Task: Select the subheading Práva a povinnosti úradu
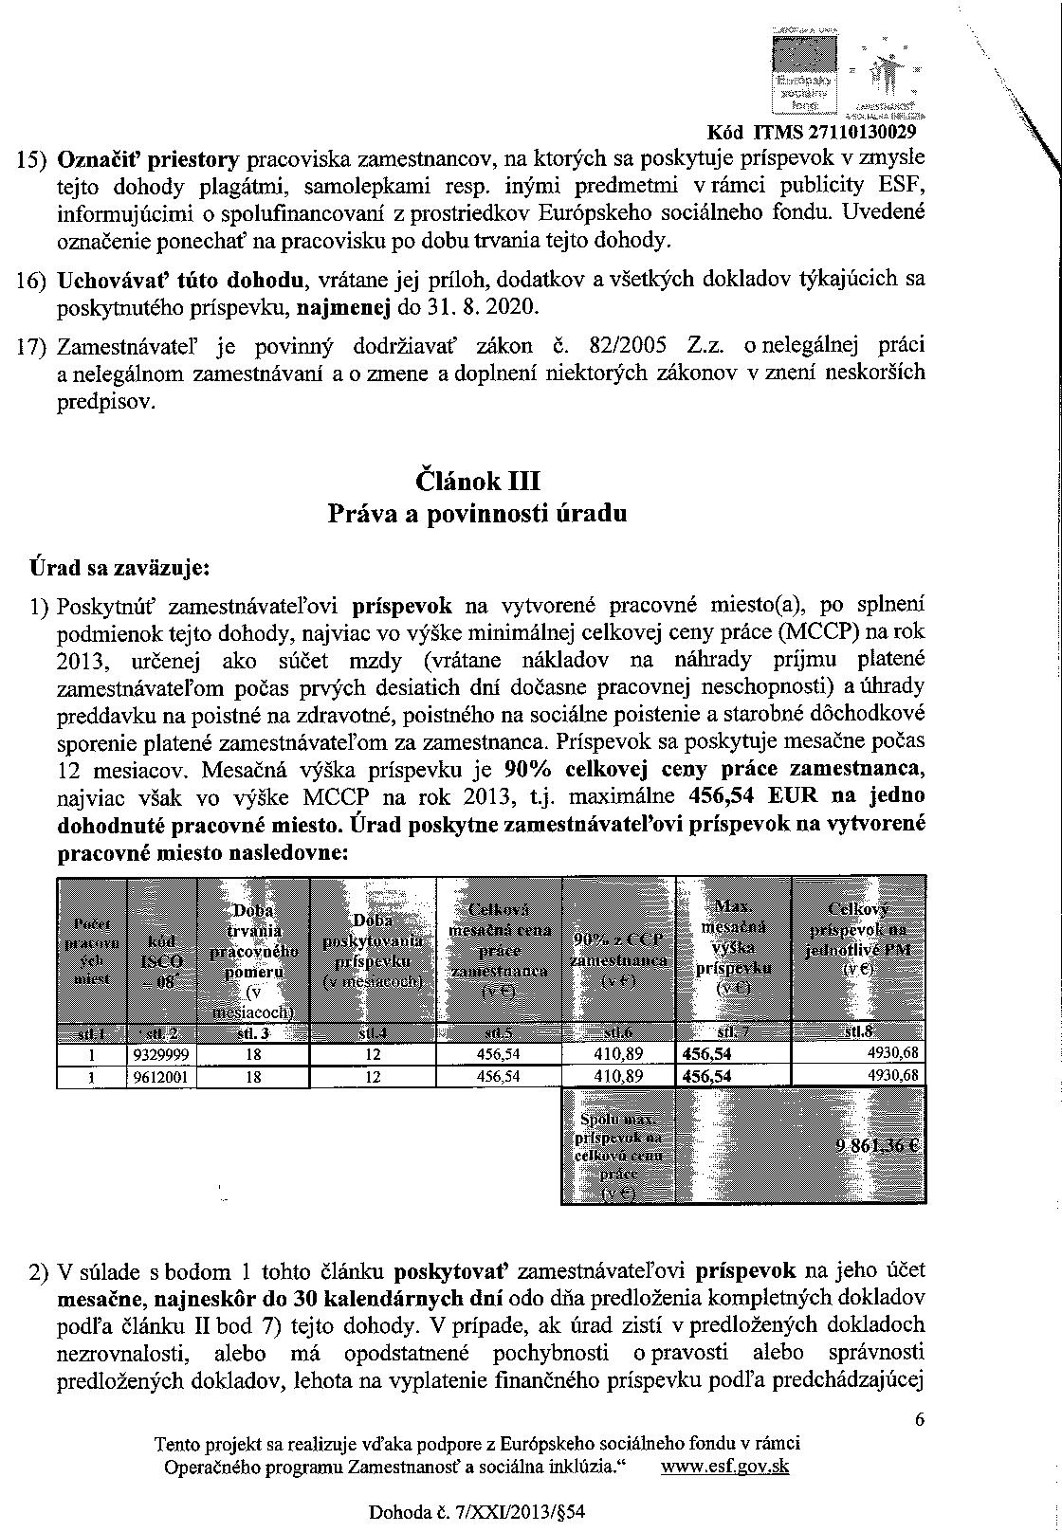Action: click(477, 514)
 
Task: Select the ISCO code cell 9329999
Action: click(161, 1053)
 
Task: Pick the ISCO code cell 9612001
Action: click(161, 1076)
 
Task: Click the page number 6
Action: click(919, 1419)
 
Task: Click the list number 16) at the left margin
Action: click(33, 281)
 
